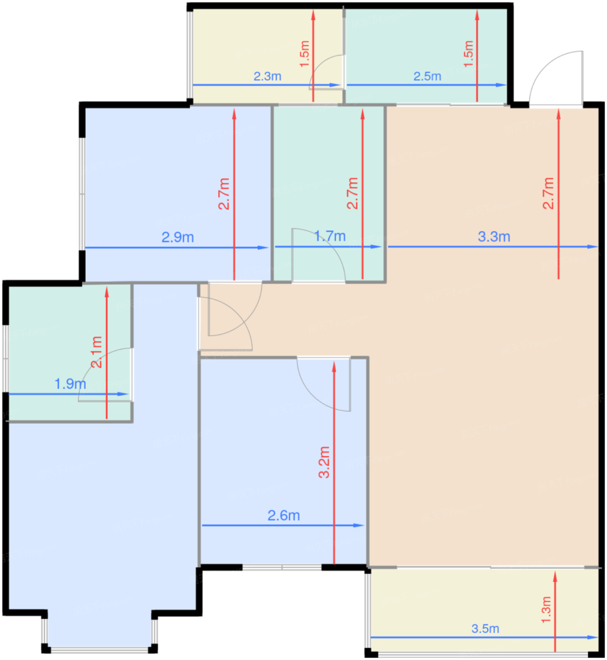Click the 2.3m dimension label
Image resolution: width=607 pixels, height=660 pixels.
click(x=267, y=76)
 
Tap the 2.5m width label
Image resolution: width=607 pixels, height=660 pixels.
click(x=427, y=76)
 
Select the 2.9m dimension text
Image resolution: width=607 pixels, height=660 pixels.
click(x=178, y=237)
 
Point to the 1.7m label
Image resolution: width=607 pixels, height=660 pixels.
click(x=330, y=236)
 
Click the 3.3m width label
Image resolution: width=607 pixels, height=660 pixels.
click(x=494, y=237)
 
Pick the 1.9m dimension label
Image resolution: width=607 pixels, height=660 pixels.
click(x=70, y=384)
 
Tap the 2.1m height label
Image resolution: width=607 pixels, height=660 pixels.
click(x=97, y=352)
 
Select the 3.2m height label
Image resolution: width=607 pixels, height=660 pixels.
click(x=324, y=462)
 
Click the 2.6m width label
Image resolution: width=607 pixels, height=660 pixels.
click(x=284, y=516)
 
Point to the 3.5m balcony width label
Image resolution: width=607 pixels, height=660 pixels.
click(x=485, y=629)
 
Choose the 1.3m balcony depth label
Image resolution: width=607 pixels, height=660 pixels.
click(x=546, y=610)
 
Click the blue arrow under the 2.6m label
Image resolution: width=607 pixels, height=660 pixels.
click(x=283, y=526)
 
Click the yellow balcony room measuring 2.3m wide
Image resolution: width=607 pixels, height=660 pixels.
click(x=267, y=55)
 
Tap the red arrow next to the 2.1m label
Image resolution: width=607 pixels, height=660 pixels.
click(x=107, y=353)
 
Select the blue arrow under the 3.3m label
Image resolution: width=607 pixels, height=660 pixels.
click(x=493, y=247)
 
